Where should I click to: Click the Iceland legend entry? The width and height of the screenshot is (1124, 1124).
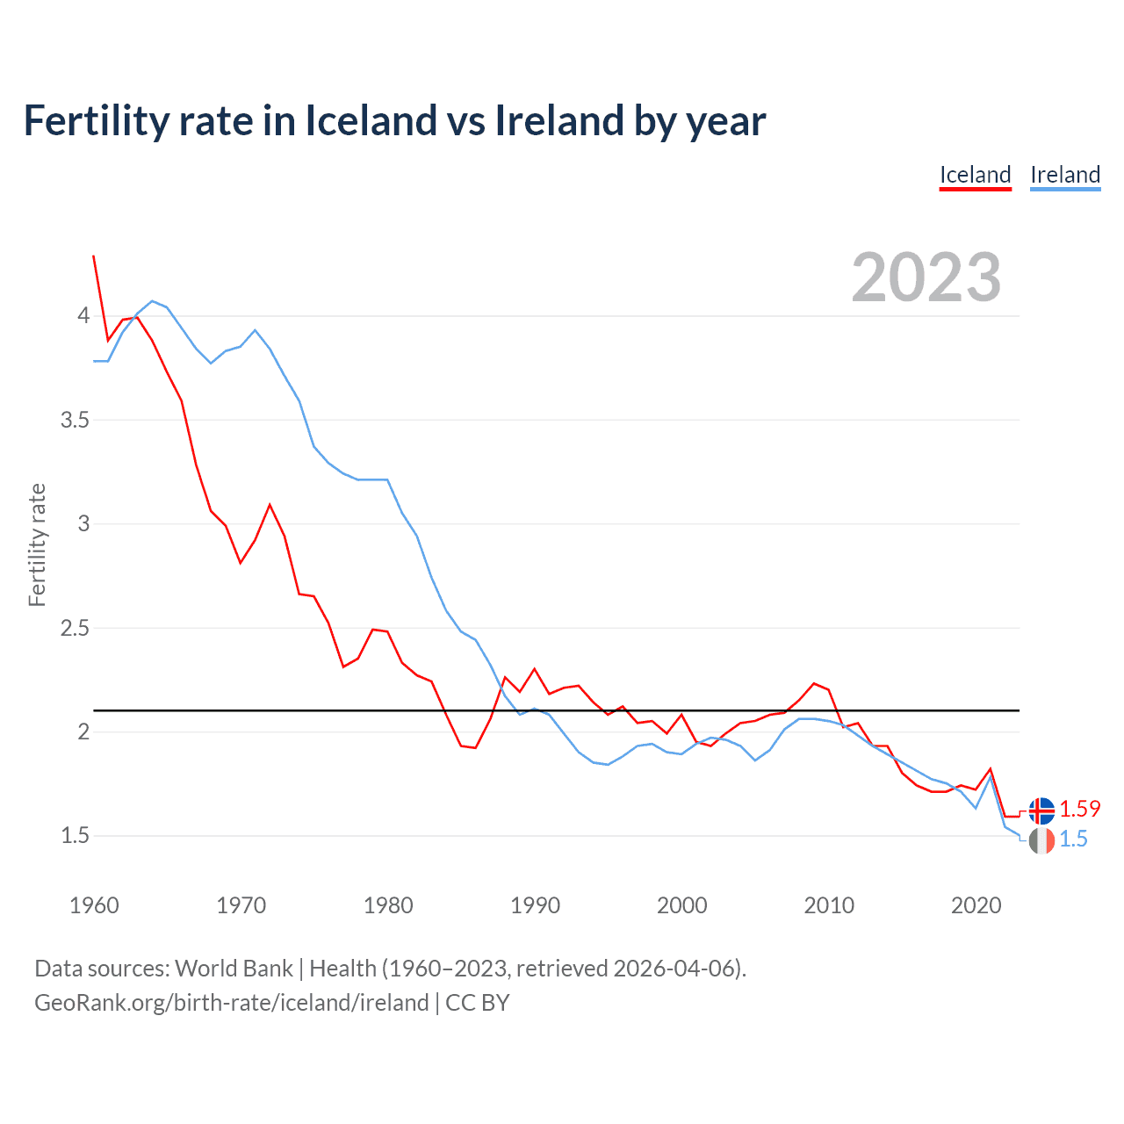pos(975,175)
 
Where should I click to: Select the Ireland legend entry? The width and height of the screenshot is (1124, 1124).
pos(1065,175)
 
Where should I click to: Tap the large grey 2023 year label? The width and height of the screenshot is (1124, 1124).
pos(926,277)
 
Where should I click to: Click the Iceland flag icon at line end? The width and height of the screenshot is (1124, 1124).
pos(1041,810)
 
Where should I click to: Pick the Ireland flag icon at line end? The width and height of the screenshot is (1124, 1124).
pos(1041,840)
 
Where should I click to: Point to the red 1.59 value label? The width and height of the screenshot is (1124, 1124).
pos(1079,809)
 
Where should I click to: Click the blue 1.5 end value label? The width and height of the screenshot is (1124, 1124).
pos(1073,839)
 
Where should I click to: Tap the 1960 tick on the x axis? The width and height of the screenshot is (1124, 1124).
pos(94,905)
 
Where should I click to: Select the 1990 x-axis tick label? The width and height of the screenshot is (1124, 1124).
pos(535,905)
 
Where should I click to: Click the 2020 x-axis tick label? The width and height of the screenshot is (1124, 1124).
pos(976,905)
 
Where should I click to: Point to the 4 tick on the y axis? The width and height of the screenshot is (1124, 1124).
pos(83,315)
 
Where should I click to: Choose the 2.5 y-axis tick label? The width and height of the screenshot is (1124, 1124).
pos(75,628)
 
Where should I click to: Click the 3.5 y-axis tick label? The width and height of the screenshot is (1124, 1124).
pos(75,420)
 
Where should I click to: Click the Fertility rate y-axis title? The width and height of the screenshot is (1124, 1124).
pos(37,544)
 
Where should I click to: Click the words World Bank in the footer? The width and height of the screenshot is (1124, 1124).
pos(234,969)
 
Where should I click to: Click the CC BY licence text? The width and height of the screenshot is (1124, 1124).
pos(478,1003)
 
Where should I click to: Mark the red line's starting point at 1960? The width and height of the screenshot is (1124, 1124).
pos(94,256)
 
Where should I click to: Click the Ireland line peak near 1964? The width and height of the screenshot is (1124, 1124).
pos(152,301)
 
